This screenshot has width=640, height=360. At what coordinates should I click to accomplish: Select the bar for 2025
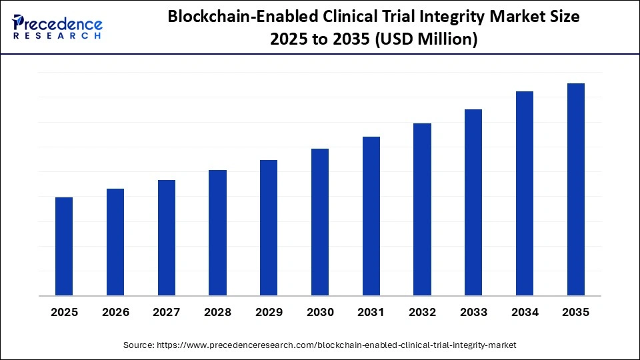pyautogui.click(x=64, y=247)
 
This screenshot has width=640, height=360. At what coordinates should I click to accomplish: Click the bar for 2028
pyautogui.click(x=217, y=233)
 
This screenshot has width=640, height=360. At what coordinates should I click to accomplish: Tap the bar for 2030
pyautogui.click(x=320, y=222)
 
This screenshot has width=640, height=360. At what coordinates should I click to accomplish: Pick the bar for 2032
pyautogui.click(x=422, y=209)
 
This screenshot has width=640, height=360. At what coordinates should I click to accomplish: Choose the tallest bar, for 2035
pyautogui.click(x=576, y=189)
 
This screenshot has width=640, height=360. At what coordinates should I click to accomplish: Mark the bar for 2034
pyautogui.click(x=525, y=193)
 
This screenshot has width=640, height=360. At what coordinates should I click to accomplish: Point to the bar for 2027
pyautogui.click(x=167, y=238)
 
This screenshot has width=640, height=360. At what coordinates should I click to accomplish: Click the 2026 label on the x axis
pyautogui.click(x=115, y=312)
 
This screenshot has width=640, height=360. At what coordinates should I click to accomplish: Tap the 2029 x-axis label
pyautogui.click(x=269, y=312)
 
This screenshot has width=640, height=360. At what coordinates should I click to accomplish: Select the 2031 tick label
pyautogui.click(x=371, y=312)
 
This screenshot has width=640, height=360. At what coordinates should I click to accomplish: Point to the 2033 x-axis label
pyautogui.click(x=473, y=312)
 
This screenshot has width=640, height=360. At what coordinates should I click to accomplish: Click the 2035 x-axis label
pyautogui.click(x=576, y=312)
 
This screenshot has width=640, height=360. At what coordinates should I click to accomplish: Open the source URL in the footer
pyautogui.click(x=336, y=345)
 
